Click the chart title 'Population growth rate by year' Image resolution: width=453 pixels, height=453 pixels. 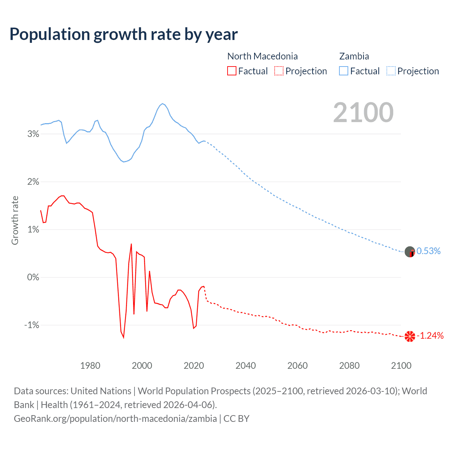pos(124,34)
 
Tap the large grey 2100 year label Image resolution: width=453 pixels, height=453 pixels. pos(363,113)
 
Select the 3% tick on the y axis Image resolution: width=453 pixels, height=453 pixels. pos(33,134)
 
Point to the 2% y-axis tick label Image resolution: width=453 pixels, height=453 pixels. pos(33,182)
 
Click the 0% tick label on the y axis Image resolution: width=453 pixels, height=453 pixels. pos(33,277)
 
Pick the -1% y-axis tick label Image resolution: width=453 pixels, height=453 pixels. pos(31,325)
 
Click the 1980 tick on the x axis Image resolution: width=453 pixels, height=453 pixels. pos(90,366)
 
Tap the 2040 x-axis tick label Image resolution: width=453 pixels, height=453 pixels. pos(246,366)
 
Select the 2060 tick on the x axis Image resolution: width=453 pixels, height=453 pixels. pos(297,366)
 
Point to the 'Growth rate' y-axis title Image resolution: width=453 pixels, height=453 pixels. pos(15,220)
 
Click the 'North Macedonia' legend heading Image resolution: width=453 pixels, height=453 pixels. pos(262,56)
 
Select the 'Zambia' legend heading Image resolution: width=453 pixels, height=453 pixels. pos(354,56)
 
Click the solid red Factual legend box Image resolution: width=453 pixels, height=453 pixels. pos(232,71)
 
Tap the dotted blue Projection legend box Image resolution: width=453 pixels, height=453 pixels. pos(391,71)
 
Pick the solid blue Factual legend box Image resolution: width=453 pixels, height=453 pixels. pos(344,71)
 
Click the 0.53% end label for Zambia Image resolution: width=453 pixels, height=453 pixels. pos(429,251)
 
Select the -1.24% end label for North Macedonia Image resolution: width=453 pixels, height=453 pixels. pos(430,336)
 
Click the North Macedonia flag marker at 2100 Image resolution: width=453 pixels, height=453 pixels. pos(410,336)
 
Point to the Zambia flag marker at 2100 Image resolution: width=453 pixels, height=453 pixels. pos(410,252)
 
